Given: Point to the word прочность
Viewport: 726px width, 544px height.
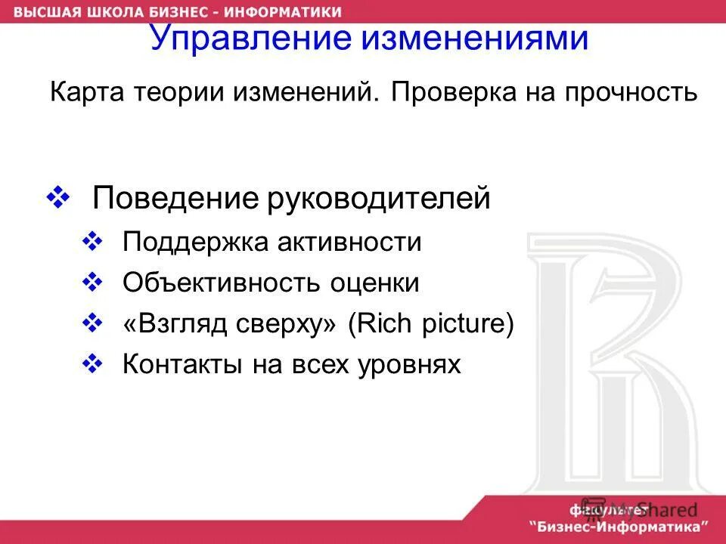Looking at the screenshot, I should [x=635, y=94].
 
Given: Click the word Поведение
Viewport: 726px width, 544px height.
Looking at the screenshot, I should [x=176, y=199].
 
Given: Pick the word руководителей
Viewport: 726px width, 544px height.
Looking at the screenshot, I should [x=380, y=199].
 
